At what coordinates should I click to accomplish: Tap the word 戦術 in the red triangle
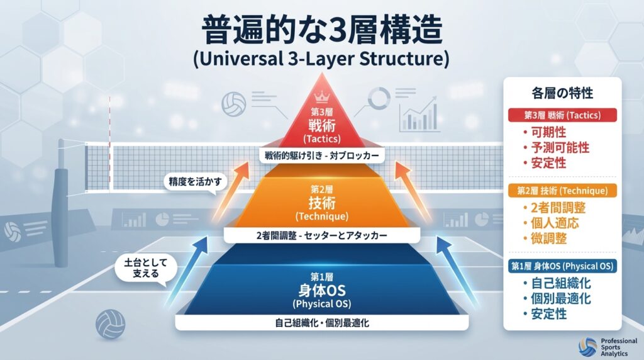click(x=321, y=125)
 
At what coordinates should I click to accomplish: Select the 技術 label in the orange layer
click(x=321, y=202)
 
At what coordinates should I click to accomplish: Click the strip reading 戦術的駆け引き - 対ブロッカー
click(x=321, y=155)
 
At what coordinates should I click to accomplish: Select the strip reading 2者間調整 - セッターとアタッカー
click(x=321, y=236)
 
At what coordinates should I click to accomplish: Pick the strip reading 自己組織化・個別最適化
click(x=321, y=323)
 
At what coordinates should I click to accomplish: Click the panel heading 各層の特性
click(x=562, y=93)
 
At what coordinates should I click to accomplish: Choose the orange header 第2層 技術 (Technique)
click(x=562, y=190)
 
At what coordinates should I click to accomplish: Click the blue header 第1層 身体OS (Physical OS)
click(x=562, y=266)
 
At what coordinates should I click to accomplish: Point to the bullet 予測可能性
click(x=557, y=148)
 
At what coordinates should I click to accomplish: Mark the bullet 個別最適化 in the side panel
click(x=557, y=299)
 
